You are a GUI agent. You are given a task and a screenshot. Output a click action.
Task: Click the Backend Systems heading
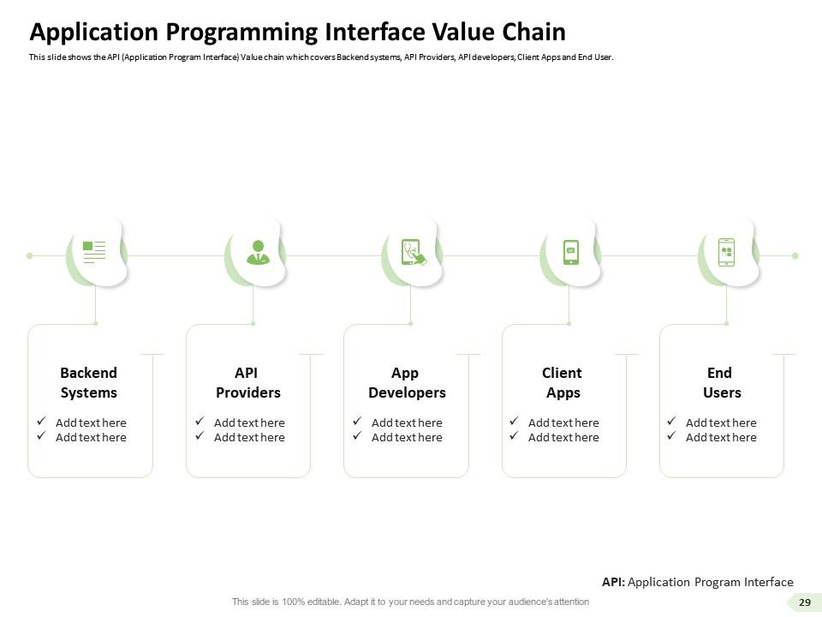(89, 383)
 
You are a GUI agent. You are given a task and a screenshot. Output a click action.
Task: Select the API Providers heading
(247, 383)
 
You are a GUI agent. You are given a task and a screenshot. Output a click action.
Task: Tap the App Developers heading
(407, 383)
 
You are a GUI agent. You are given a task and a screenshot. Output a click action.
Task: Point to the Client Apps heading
(563, 383)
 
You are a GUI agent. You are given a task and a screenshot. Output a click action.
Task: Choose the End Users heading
(721, 383)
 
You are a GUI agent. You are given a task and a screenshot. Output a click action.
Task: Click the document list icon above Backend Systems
(94, 250)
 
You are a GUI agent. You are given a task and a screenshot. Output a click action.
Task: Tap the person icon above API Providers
(256, 251)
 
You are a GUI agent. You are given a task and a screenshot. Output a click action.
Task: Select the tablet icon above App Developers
(413, 252)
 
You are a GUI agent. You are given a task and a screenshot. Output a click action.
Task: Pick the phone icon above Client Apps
(571, 252)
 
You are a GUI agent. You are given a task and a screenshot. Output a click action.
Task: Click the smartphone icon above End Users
(726, 252)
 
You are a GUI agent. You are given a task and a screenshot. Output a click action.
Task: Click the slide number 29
(804, 602)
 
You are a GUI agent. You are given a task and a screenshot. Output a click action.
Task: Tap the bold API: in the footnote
(613, 582)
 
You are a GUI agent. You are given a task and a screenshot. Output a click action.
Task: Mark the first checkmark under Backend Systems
(41, 422)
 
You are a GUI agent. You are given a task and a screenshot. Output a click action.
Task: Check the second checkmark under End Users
(671, 436)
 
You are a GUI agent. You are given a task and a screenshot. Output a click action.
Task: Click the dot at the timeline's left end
(30, 255)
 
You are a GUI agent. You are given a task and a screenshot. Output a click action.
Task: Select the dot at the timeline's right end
(795, 255)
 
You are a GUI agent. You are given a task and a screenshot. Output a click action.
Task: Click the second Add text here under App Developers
(407, 437)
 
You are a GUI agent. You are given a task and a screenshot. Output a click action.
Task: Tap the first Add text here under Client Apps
(563, 422)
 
